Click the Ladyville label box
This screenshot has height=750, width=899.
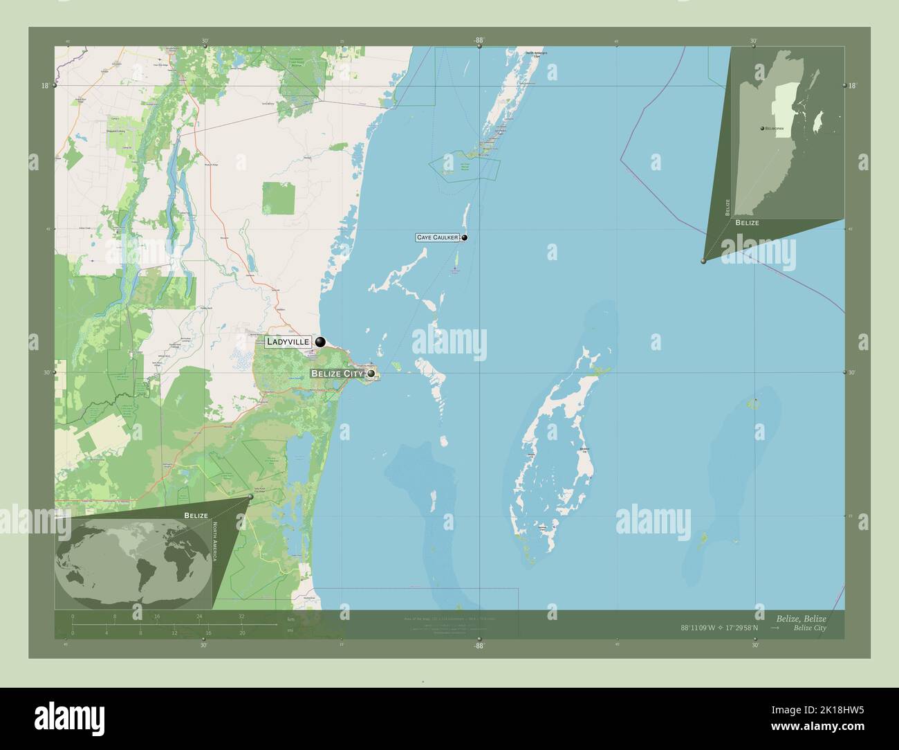(x=288, y=341)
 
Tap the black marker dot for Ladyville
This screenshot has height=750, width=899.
(x=320, y=342)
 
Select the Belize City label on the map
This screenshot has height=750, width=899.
(x=337, y=374)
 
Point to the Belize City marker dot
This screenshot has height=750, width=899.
(x=371, y=374)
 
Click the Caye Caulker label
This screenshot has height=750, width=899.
(x=438, y=237)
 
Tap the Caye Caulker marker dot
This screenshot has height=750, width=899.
(x=465, y=237)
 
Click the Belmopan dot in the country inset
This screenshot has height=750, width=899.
(x=761, y=129)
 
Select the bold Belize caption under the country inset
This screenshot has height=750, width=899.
(x=747, y=223)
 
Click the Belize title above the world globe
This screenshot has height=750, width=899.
(x=196, y=515)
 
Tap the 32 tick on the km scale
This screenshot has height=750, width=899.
(x=241, y=616)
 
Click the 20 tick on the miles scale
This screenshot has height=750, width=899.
(x=242, y=632)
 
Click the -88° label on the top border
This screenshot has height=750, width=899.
(x=479, y=40)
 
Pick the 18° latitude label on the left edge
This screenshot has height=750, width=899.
(x=45, y=86)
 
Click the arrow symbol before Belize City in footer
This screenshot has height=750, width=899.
(x=775, y=628)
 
